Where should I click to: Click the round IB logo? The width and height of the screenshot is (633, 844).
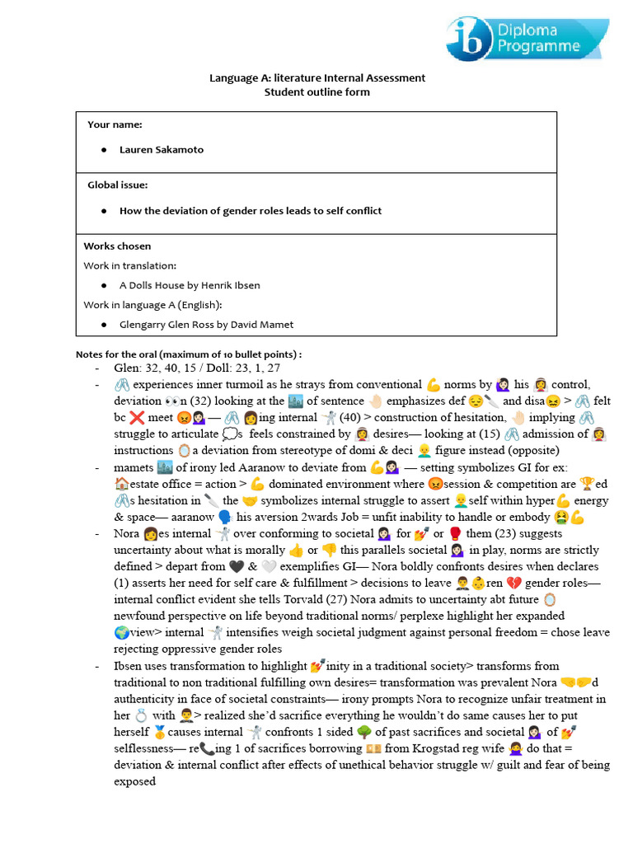(471, 38)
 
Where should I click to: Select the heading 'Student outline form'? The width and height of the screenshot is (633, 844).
(316, 91)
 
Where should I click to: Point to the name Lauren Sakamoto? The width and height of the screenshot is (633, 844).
(161, 150)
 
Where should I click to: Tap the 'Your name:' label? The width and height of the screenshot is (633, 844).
(115, 124)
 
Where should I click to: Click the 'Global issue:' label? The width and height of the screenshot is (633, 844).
(117, 185)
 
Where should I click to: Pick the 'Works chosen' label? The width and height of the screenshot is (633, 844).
(117, 246)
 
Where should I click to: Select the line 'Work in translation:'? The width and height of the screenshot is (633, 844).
(129, 265)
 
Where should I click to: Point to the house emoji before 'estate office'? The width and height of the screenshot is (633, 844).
(122, 484)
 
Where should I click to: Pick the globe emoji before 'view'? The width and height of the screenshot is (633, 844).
(122, 633)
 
